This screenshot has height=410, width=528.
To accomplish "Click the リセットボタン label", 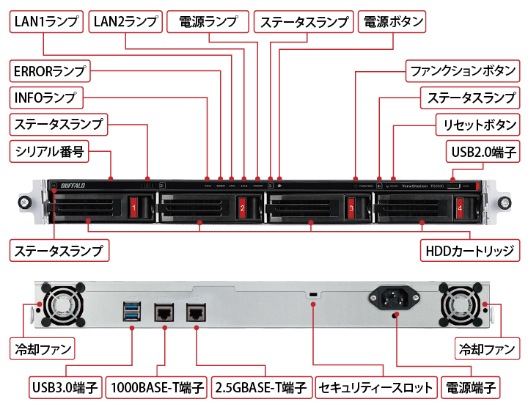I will coord(476,124).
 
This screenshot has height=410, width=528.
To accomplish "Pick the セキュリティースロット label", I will coord(376,387).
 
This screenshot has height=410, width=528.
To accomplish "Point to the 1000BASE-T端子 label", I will coord(157,387).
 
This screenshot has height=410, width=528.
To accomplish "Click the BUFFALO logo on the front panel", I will coord(74,185).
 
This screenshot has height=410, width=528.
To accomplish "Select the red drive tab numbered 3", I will coord(351,209).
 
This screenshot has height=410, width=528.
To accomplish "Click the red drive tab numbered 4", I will coord(460,209).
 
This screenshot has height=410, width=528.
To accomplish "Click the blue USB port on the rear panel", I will coord(131,310).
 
